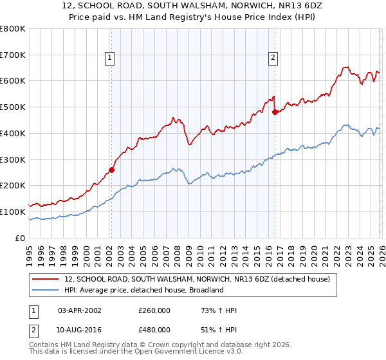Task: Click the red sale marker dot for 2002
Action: pyautogui.click(x=111, y=170)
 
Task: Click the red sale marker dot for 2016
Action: pyautogui.click(x=275, y=112)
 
